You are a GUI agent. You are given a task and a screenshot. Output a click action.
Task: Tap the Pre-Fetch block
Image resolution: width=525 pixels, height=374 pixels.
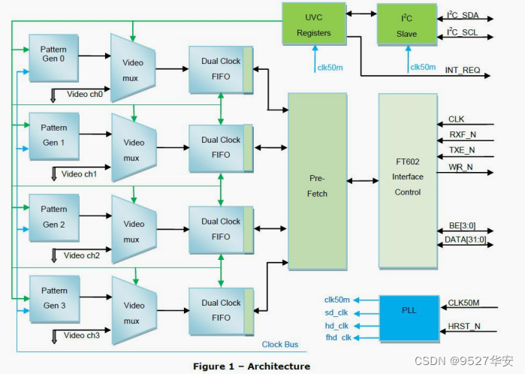pyautogui.click(x=318, y=181)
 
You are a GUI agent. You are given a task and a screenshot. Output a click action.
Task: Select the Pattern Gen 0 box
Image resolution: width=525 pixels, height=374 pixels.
pyautogui.click(x=53, y=56)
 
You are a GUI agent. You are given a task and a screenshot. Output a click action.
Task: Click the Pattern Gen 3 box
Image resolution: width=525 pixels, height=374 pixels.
pyautogui.click(x=53, y=298)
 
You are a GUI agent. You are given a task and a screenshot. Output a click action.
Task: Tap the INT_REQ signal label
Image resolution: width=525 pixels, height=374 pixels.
pyautogui.click(x=462, y=70)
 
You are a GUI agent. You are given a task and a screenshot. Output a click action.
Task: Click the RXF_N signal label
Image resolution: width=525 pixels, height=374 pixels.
pyautogui.click(x=461, y=134)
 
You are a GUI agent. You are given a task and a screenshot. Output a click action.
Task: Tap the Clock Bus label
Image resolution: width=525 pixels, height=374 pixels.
pyautogui.click(x=279, y=345)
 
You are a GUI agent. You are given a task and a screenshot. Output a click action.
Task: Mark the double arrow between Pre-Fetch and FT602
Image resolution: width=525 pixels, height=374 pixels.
pyautogui.click(x=362, y=181)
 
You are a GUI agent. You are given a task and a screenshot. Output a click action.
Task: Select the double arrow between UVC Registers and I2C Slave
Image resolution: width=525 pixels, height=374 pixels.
pyautogui.click(x=360, y=14)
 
